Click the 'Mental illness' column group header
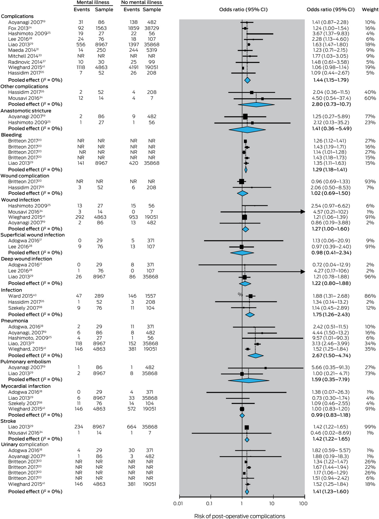coord(93,2)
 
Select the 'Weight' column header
coord(370,10)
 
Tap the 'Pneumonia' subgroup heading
coord(15,321)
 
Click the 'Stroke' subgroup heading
coord(9,421)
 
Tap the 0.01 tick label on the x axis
coord(178,503)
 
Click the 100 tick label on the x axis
coord(303,503)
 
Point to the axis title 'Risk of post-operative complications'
coord(239,516)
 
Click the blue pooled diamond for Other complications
coord(256,104)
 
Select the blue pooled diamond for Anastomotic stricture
coord(247,129)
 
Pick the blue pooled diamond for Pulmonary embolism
coord(248,380)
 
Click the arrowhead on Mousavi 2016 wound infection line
coord(303,212)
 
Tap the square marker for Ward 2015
coord(250,296)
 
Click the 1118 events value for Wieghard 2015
coord(81,67)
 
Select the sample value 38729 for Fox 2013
coord(152,28)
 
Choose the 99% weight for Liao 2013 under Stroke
coord(370,427)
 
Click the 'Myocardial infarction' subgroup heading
coord(26,386)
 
